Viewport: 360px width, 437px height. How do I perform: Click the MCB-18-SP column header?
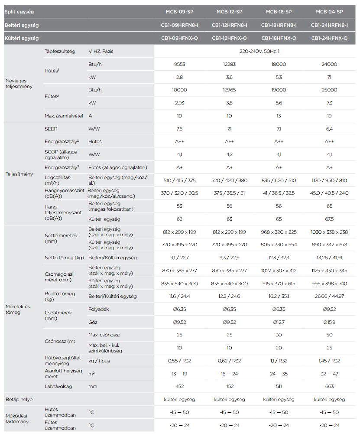coord(279,12)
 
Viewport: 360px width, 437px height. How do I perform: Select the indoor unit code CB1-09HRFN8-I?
coord(179,25)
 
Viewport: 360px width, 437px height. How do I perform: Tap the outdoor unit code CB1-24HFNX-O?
coord(329,38)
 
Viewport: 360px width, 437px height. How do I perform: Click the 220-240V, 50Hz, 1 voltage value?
coord(254,51)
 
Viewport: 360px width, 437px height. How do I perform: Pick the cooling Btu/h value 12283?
coord(229,64)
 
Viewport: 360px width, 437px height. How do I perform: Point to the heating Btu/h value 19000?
coord(279,90)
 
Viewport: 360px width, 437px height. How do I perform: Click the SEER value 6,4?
coord(329,129)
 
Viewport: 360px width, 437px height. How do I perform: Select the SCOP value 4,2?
coord(229,154)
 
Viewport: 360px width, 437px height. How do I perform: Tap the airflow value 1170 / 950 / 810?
coord(329,180)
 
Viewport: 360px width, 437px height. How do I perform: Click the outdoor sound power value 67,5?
coord(329,219)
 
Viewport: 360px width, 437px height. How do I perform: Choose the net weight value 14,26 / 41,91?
coord(329,258)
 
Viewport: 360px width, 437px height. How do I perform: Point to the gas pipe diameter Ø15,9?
coord(329,322)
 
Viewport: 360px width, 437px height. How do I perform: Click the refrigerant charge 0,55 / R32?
coord(179,361)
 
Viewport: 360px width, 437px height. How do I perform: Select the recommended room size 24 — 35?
coord(279,374)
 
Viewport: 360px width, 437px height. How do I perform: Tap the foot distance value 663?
coord(329,386)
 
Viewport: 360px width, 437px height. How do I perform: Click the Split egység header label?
coord(19,12)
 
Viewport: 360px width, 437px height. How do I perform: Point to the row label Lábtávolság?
coord(58,386)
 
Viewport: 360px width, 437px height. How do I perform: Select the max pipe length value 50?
coord(329,335)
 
